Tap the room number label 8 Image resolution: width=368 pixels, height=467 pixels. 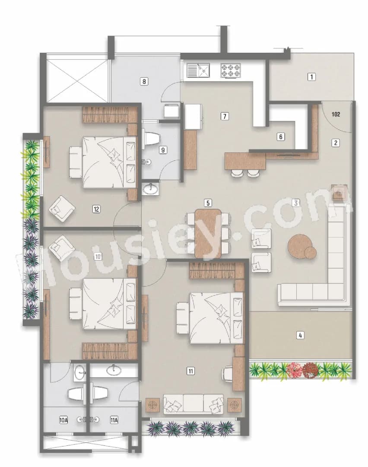[145, 81]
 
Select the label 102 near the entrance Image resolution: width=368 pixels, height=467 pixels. [336, 114]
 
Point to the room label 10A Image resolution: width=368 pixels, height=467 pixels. [63, 419]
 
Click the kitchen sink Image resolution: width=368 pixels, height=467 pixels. [198, 70]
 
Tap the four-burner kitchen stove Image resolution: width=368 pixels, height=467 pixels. [230, 70]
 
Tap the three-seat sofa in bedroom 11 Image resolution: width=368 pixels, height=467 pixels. [193, 404]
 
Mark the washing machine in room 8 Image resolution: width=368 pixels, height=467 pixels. [171, 110]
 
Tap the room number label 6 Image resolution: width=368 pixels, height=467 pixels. [281, 137]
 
